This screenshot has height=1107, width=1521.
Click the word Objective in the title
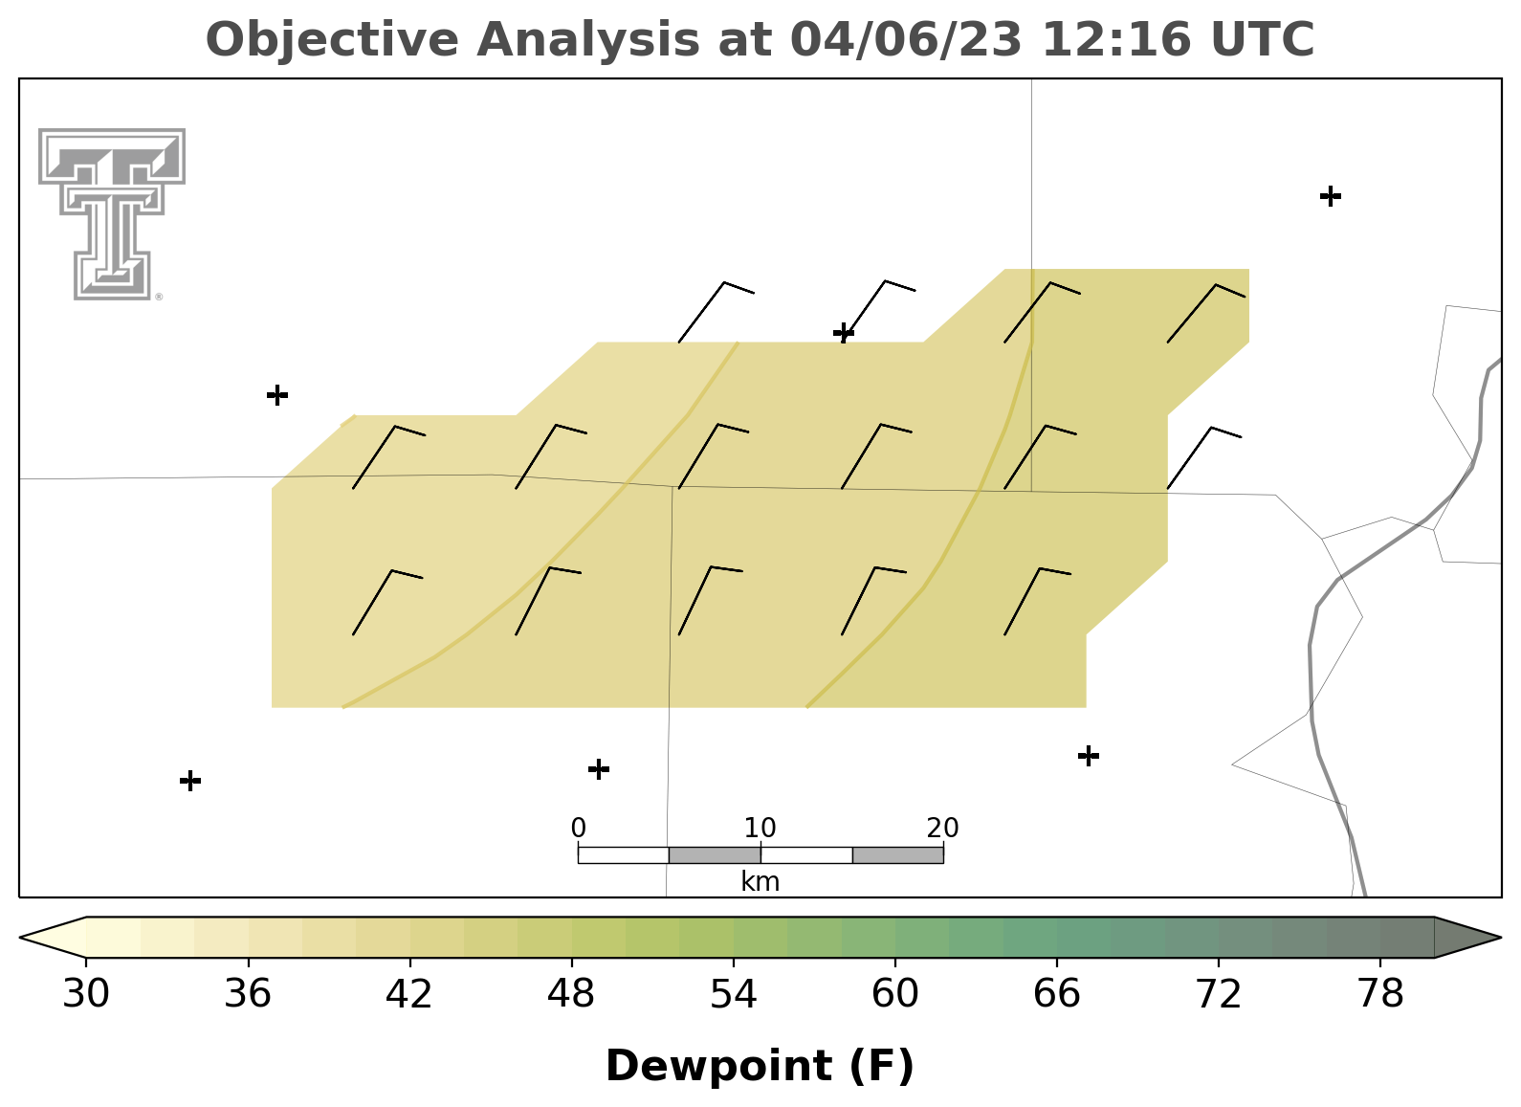coord(332,40)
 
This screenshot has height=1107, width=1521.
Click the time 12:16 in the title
coord(1116,39)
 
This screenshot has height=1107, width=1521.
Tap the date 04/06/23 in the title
coord(906,39)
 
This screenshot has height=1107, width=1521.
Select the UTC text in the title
coord(1263,39)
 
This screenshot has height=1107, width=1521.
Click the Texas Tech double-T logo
coord(112,214)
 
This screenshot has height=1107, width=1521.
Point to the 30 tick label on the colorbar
coord(85,994)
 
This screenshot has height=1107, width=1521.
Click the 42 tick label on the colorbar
coord(408,994)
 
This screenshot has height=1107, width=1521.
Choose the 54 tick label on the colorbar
coord(734,994)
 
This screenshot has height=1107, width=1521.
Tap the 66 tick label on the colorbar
coord(1056,994)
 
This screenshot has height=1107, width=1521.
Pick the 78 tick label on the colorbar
coord(1380,994)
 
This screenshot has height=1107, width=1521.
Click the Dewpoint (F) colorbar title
coord(760,1066)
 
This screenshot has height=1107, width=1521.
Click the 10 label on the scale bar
coord(760,828)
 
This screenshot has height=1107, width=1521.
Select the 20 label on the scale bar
coord(942,828)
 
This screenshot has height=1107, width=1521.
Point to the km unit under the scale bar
coord(760,882)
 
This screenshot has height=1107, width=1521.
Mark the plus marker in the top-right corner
coord(1331,196)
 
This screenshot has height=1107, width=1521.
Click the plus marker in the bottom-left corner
coord(190,781)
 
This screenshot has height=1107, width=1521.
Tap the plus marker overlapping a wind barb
coord(844,333)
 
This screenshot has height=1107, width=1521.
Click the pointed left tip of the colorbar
coord(20,938)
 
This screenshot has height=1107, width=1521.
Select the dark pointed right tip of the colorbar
coord(1500,938)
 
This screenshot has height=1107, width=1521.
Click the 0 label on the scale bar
coord(578,828)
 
